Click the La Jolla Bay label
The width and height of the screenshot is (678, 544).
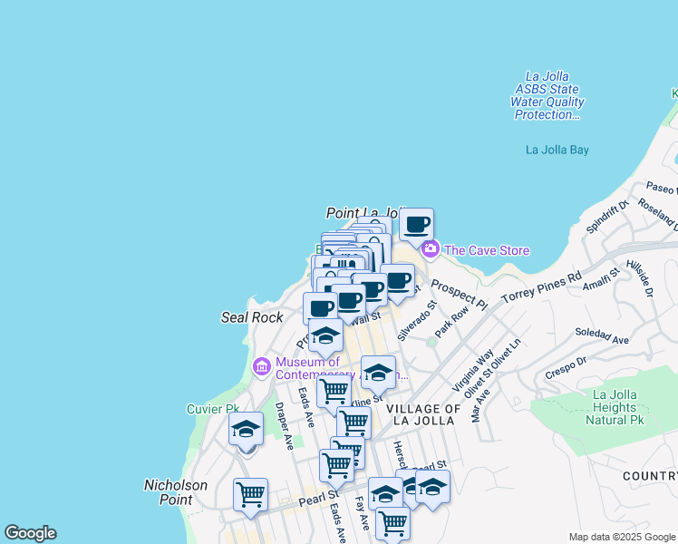coord(557,150)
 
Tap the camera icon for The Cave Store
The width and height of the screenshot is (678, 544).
coord(430,248)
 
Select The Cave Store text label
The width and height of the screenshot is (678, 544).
coord(487,250)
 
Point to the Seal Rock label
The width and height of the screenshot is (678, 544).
coord(252,317)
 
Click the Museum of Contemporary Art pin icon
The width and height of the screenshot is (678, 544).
coord(262,366)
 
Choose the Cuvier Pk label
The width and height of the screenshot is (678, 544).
coord(211,409)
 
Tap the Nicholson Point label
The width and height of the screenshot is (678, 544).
coord(176,492)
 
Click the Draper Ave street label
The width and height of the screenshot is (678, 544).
coord(285,426)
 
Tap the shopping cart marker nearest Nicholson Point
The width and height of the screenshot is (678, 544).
coord(250,494)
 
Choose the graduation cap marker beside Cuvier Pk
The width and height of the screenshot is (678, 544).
coord(246,429)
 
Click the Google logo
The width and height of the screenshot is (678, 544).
coord(30,533)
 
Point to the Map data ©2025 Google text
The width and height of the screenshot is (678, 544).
coord(622,537)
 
